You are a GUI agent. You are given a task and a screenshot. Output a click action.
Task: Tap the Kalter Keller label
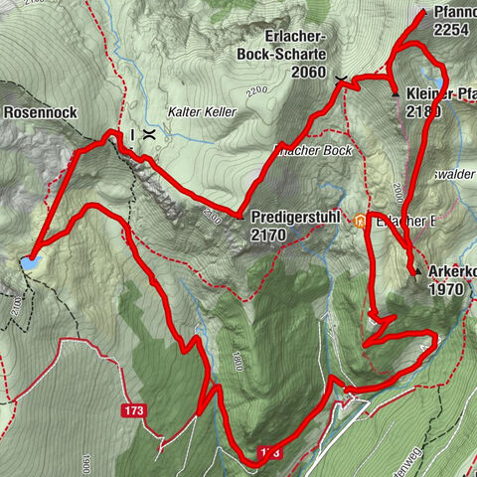point(203,112)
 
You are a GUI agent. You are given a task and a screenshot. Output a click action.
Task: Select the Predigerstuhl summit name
point(296,215)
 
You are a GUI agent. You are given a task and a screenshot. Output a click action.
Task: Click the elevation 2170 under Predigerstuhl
point(270,234)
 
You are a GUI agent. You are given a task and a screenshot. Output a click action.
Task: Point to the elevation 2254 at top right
point(451,31)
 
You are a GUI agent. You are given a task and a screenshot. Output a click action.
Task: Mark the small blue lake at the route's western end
point(33,262)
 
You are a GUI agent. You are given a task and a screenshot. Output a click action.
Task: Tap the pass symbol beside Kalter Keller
point(148,133)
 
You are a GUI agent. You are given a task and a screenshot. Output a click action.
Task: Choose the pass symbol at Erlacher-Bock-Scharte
point(341,79)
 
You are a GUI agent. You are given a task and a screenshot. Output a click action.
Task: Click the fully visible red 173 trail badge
point(135,409)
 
